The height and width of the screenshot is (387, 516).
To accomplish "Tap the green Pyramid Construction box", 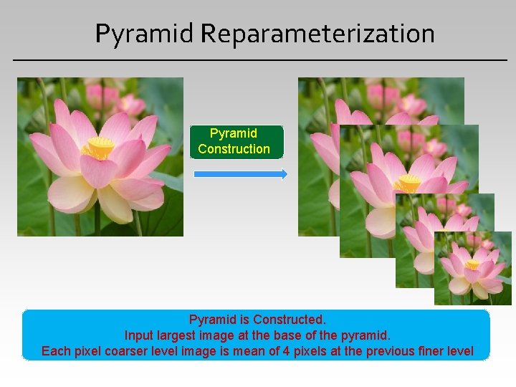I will click(236, 142).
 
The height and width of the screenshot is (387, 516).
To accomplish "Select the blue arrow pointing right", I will click(241, 173).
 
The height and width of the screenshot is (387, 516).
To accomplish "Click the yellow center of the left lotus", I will click(98, 148).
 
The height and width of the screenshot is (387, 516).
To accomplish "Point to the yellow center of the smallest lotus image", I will click(472, 264).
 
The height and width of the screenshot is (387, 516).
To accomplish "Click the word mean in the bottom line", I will click(247, 351).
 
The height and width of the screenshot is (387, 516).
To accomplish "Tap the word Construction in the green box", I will click(234, 149).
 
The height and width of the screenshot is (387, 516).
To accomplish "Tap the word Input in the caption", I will click(138, 335).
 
